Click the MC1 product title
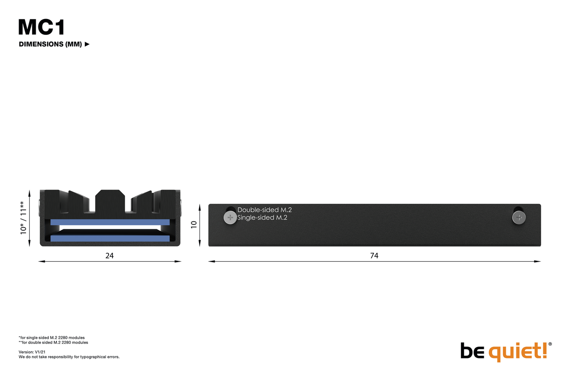41,27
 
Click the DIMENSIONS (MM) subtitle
50,44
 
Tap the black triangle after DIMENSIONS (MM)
87,44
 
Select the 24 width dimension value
109,255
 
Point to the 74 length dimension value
374,255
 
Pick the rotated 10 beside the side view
194,225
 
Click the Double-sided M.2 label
264,210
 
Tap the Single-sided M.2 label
262,217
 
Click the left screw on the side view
230,217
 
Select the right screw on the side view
519,217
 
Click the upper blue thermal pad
110,222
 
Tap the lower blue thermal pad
110,239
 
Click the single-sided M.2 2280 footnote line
52,338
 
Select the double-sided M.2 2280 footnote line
53,343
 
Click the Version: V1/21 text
32,352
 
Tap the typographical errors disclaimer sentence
69,357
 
